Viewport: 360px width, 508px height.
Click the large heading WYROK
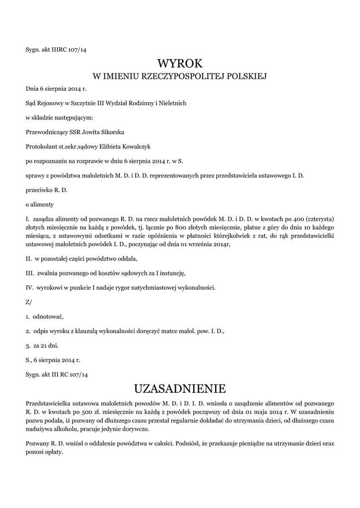(x=180, y=63)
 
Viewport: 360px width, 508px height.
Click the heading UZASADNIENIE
(x=180, y=387)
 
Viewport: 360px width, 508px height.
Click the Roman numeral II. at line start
(x=29, y=259)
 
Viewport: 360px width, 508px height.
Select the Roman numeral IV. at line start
(x=29, y=288)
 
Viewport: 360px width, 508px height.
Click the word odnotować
(x=49, y=316)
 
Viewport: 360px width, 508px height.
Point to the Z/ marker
(x=28, y=302)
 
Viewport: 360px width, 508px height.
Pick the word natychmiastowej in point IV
(x=153, y=288)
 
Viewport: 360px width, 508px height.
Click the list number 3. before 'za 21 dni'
(x=28, y=345)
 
